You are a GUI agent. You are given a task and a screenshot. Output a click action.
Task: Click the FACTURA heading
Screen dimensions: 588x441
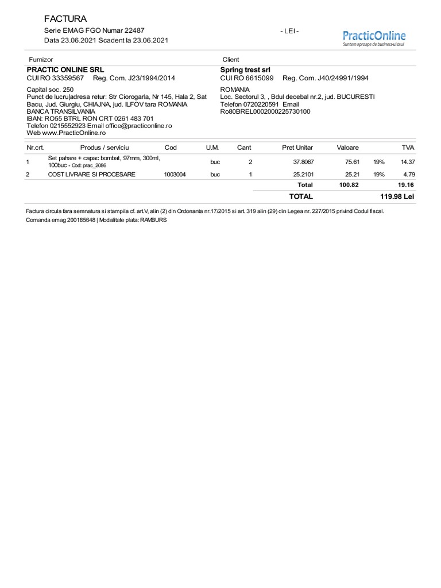(65, 19)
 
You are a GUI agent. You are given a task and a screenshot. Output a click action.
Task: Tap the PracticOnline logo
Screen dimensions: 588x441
(374, 37)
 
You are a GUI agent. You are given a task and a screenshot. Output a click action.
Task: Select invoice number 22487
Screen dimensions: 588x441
(135, 30)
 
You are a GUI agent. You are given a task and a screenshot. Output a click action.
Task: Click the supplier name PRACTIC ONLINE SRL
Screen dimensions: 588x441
(65, 69)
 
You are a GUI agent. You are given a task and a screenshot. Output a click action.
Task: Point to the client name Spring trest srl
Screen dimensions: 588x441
(245, 69)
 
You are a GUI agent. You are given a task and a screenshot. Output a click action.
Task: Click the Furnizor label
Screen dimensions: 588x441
(41, 60)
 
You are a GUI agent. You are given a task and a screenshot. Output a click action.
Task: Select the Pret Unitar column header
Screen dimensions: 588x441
(297, 148)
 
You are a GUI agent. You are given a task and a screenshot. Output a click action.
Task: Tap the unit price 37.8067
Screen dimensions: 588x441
(303, 162)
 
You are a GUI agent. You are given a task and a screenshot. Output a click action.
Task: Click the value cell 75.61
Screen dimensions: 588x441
(352, 162)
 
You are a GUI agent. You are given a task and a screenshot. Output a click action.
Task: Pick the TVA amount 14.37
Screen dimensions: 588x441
(408, 162)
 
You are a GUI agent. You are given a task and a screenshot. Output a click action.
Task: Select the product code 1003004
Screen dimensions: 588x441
(175, 175)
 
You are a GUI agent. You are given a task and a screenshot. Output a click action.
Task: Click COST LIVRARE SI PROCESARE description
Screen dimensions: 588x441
(92, 175)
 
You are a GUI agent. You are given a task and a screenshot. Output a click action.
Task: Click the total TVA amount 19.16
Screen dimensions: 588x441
(406, 185)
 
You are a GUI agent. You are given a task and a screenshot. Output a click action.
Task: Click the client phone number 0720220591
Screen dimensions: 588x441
(260, 105)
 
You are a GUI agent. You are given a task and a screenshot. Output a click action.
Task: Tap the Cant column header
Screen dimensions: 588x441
(244, 148)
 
